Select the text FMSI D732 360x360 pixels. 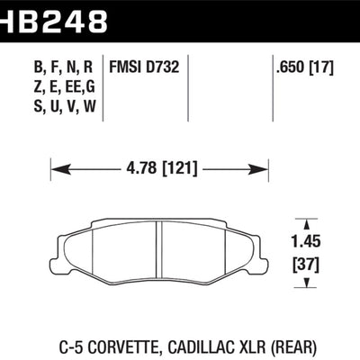[145, 66]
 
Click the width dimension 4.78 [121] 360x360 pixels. [159, 166]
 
